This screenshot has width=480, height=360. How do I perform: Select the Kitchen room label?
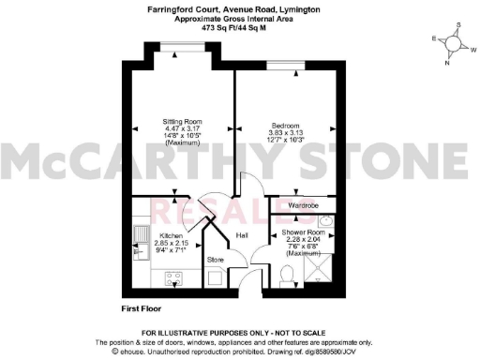pos(171,235)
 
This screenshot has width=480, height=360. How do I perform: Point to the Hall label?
pos(241,235)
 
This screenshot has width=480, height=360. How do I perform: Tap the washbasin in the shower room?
pos(325,221)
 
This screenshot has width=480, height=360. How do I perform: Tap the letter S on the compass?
pos(459,26)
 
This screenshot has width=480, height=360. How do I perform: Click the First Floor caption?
pos(143,307)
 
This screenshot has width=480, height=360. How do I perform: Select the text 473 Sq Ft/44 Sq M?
pos(239,29)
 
